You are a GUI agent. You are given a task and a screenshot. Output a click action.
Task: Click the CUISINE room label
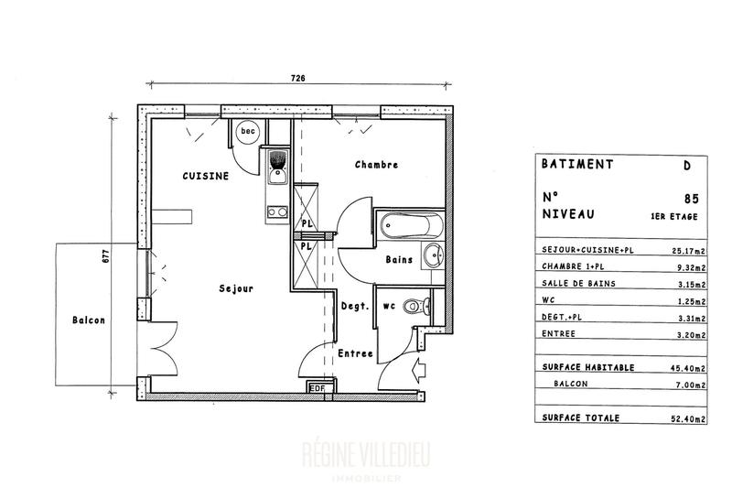[204, 176]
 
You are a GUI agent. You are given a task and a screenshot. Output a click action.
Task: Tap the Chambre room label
[376, 166]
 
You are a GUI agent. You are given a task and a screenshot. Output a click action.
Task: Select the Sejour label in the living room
[236, 288]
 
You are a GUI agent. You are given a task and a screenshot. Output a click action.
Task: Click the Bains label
[398, 260]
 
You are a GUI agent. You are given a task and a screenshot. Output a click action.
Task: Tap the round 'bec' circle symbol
[247, 132]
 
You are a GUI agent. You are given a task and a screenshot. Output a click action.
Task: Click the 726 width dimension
[296, 80]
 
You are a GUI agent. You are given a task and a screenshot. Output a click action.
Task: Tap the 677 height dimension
[106, 257]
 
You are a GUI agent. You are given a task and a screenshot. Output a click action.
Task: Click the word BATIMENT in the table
[576, 166]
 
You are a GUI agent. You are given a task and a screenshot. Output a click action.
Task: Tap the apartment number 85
[690, 197]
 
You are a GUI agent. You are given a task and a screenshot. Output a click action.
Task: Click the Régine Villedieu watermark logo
[365, 455]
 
